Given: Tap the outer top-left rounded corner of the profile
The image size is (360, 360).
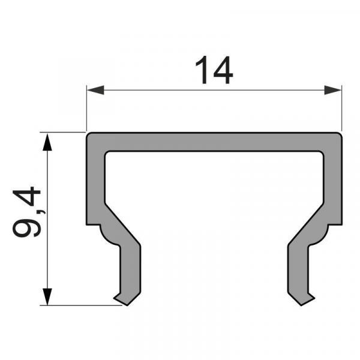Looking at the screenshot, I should [89, 135].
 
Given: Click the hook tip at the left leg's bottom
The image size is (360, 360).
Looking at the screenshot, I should [116, 297].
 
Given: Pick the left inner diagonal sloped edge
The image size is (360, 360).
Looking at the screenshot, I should [123, 222].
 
